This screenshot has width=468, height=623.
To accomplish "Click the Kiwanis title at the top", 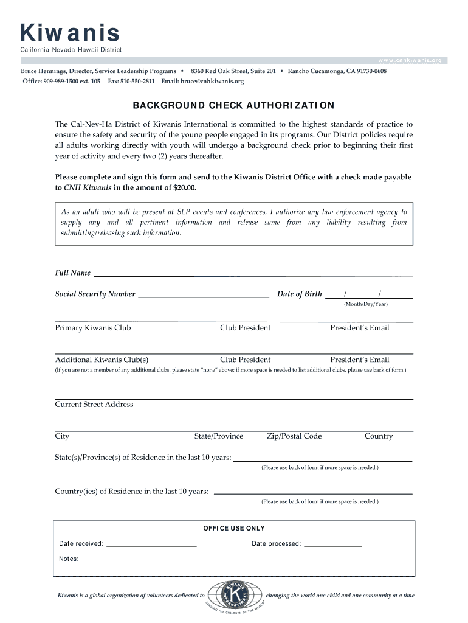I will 69,33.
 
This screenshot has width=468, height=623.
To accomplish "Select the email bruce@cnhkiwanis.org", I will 211,81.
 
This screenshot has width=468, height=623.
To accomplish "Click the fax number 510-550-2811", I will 140,81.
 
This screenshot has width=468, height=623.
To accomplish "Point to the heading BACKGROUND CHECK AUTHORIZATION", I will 233,105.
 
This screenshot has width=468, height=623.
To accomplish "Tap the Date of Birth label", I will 300,294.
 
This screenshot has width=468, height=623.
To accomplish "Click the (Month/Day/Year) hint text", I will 365,304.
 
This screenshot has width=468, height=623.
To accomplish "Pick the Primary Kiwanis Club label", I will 93,328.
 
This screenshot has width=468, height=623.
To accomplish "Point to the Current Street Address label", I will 94,405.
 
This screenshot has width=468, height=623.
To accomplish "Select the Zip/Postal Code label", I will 294,436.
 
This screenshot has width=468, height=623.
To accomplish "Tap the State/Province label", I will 219,436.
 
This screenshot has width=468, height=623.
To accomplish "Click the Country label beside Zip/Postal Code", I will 379,436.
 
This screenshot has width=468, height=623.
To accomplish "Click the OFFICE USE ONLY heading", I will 234,528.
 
